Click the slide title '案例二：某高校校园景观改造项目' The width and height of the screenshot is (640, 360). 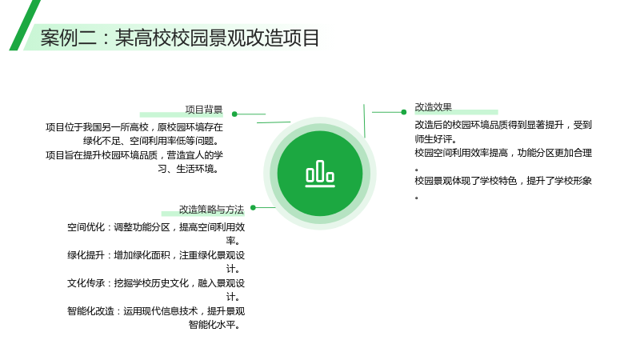179,38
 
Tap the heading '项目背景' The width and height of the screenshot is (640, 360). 204,110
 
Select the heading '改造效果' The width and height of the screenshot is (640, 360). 434,107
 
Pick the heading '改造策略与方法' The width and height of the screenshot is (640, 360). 211,210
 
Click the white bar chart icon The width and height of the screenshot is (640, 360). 320,174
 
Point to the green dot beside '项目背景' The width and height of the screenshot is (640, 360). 234,114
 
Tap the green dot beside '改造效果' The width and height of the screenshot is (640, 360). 404,112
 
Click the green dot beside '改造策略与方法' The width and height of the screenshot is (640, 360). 253,207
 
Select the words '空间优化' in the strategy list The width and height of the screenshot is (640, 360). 86,227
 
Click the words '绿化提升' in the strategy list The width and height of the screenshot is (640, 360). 86,255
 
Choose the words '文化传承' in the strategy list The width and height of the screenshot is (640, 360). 86,283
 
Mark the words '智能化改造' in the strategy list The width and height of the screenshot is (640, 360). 90,311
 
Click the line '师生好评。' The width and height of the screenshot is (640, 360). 435,138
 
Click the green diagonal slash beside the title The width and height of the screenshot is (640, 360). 25,26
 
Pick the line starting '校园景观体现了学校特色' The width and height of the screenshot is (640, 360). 503,181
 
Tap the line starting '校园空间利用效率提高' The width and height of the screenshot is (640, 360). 503,153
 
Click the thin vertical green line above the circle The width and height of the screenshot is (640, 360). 364,121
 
